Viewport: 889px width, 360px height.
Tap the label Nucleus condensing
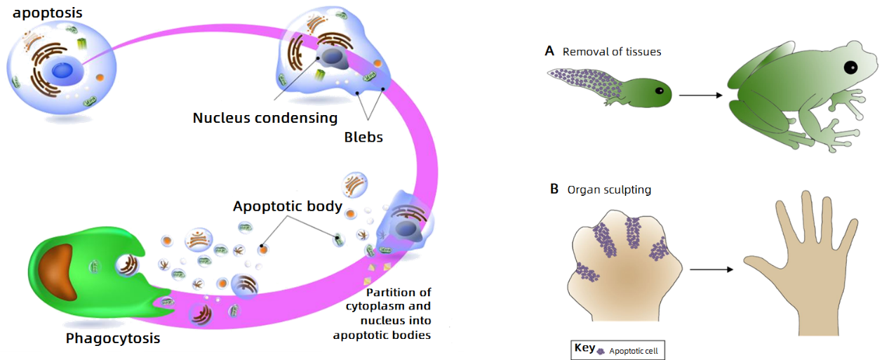[265, 118]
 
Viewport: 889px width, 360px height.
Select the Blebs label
[363, 137]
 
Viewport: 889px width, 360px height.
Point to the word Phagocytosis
[112, 339]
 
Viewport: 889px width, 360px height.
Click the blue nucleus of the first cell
[64, 70]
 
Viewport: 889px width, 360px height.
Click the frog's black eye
[850, 67]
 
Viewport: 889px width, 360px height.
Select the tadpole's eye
[660, 91]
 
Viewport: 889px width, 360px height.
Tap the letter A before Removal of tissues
[549, 51]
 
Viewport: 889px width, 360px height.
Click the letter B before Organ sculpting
[554, 189]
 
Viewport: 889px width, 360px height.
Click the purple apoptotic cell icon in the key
[601, 349]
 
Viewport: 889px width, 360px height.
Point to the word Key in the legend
[584, 347]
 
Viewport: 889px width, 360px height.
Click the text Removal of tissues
[612, 51]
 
